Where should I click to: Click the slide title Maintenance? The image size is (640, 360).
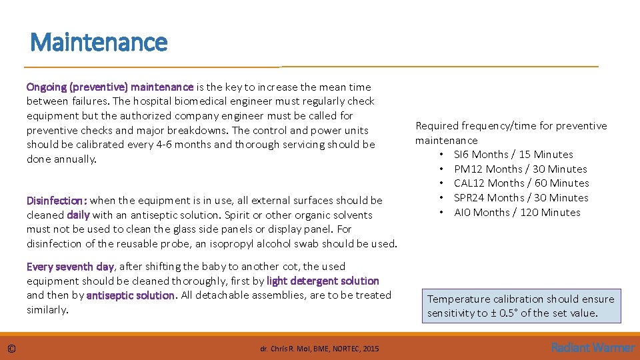99,43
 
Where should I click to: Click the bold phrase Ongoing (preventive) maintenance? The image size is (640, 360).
110,87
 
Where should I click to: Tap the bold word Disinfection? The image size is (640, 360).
56,201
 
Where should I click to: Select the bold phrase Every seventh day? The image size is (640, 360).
70,267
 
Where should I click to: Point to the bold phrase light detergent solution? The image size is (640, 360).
323,281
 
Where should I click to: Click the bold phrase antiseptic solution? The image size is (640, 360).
131,295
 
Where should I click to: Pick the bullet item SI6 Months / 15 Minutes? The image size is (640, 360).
513,155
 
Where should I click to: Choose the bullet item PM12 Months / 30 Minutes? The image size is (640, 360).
520,169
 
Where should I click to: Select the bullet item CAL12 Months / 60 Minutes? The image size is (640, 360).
521,183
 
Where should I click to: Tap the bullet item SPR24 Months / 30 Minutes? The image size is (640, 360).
521,198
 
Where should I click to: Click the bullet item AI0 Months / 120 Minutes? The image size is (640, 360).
517,213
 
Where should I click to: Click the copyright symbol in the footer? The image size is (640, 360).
12,348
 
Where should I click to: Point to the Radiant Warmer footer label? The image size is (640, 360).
593,347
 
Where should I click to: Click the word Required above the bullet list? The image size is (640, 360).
437,126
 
